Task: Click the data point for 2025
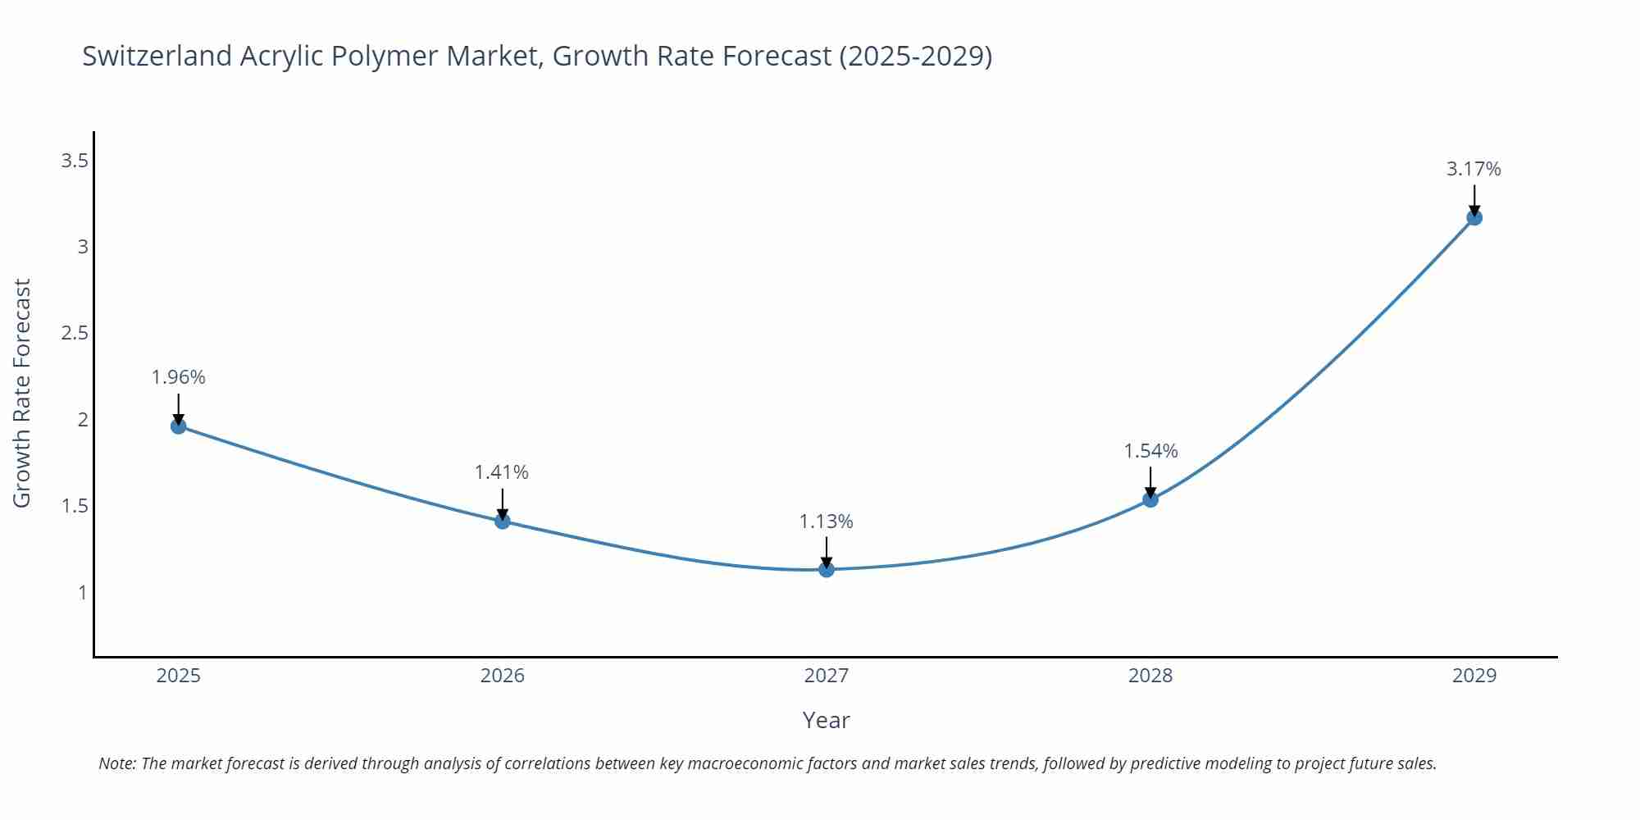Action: click(178, 426)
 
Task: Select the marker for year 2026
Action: click(503, 521)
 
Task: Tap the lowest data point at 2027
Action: click(827, 569)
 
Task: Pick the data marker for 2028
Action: click(1150, 499)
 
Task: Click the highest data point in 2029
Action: click(1474, 217)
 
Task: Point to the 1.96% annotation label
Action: click(178, 377)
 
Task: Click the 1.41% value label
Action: click(502, 472)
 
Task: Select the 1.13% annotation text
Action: click(826, 522)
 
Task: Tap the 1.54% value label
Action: click(1150, 451)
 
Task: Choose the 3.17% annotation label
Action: click(1474, 169)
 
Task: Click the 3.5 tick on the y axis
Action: click(75, 161)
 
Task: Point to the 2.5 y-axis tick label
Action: click(75, 333)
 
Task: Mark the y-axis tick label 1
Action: click(82, 592)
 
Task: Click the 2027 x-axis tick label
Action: click(826, 676)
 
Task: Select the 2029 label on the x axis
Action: click(1474, 676)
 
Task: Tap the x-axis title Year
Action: click(826, 720)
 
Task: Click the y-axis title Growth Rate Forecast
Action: click(22, 393)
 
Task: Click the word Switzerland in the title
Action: click(157, 56)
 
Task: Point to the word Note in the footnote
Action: click(117, 763)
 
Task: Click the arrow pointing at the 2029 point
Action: click(1474, 200)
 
